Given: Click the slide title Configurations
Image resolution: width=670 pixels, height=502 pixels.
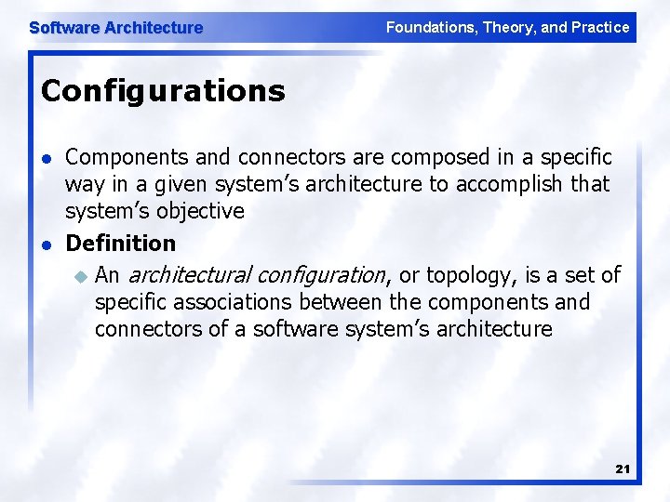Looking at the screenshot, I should [163, 91].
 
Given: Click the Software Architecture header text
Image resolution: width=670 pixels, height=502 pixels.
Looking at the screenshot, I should [115, 28].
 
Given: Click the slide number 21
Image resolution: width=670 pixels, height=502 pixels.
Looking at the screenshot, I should [623, 469].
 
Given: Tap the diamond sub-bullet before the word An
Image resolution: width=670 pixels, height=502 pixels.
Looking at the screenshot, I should [80, 275].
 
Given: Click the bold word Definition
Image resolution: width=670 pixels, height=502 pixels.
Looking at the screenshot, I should [120, 244].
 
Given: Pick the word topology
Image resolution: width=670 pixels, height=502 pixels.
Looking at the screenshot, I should [470, 275].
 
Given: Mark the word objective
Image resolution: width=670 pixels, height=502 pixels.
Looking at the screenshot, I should [200, 211].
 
